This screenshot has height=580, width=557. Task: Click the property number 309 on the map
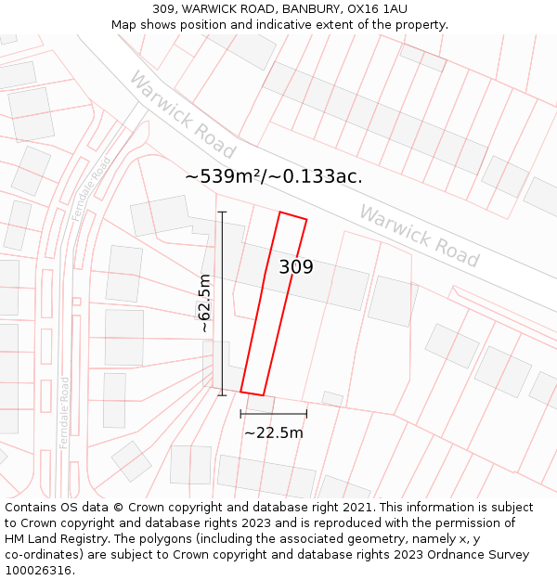[x=296, y=267]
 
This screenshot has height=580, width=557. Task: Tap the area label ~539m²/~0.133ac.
[x=273, y=176]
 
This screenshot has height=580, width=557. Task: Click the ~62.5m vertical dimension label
[x=204, y=303]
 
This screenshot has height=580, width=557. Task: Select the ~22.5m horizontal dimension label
[x=274, y=432]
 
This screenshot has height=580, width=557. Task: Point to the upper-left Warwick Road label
[x=183, y=115]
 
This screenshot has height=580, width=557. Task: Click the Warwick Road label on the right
[x=419, y=237]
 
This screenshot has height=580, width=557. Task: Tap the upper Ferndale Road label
[x=91, y=188]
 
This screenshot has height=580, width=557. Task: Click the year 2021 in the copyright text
[x=354, y=508]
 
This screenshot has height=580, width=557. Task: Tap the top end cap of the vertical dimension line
[x=222, y=213]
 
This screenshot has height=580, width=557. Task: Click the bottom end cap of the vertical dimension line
[x=222, y=395]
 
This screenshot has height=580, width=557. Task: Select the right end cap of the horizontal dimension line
[x=306, y=414]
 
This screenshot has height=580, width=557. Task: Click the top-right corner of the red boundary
[x=306, y=220]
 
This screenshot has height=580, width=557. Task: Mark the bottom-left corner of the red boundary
[x=241, y=391]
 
